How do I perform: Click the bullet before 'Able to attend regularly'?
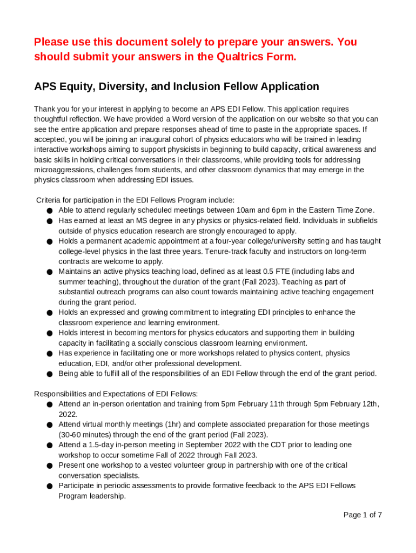49,211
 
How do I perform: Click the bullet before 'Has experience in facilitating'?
49,354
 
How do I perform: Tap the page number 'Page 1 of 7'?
363,515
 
